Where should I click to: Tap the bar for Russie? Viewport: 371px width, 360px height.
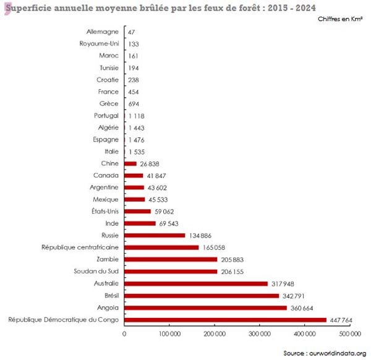coord(155,235)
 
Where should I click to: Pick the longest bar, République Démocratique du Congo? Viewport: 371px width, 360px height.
coord(226,320)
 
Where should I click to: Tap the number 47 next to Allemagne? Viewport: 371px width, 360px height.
coord(132,31)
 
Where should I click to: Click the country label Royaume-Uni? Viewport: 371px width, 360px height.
coord(100,43)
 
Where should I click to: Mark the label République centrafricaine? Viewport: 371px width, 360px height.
coord(80,247)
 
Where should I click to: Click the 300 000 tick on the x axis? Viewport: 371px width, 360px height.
coord(260,334)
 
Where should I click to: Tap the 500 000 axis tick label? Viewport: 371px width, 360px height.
coord(350,334)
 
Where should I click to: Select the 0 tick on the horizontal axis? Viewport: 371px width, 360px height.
coord(125,334)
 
